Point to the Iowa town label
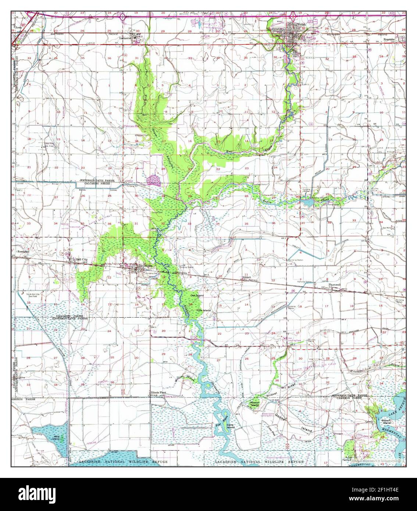18,27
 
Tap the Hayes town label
148,265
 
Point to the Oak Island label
197,295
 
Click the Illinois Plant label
158,392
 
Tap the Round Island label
255,404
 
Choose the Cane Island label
231,425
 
